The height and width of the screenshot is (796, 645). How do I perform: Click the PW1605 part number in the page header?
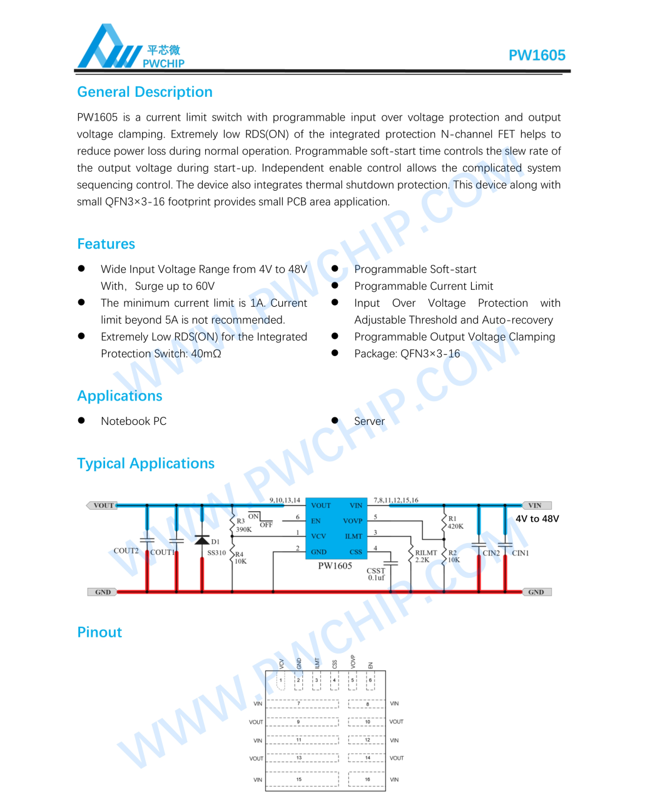pyautogui.click(x=537, y=55)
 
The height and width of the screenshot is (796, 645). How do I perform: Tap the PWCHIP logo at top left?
pyautogui.click(x=131, y=47)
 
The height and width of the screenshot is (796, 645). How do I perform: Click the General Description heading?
pyautogui.click(x=145, y=92)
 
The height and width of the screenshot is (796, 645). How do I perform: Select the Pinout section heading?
pyautogui.click(x=99, y=632)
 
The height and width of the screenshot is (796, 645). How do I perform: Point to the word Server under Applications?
pyautogui.click(x=369, y=421)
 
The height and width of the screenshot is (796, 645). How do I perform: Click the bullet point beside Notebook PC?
pyautogui.click(x=81, y=420)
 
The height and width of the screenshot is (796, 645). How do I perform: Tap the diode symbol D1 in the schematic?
pyautogui.click(x=202, y=540)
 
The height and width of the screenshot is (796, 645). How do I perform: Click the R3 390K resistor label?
pyautogui.click(x=243, y=525)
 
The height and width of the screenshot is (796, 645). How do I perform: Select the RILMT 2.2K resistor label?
pyautogui.click(x=425, y=556)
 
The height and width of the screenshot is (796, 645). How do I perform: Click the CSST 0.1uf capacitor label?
pyautogui.click(x=376, y=574)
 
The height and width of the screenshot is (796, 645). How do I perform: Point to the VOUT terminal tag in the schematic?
pyautogui.click(x=103, y=505)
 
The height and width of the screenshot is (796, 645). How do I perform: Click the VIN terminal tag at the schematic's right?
pyautogui.click(x=536, y=505)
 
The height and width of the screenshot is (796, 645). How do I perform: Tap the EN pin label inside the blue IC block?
pyautogui.click(x=316, y=520)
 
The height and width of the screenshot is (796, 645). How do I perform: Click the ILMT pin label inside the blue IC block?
pyautogui.click(x=353, y=536)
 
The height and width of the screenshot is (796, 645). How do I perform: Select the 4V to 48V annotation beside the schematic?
pyautogui.click(x=537, y=519)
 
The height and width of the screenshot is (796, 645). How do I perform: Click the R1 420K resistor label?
pyautogui.click(x=455, y=522)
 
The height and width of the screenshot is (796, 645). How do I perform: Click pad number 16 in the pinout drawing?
pyautogui.click(x=367, y=779)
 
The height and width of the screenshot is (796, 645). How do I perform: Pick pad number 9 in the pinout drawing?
pyautogui.click(x=298, y=722)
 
